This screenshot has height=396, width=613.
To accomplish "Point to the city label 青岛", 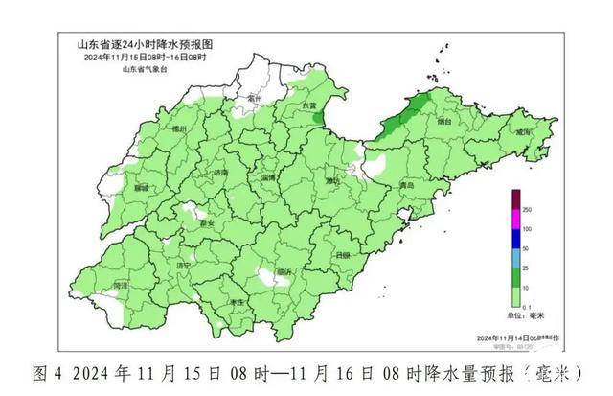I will pos(407,183).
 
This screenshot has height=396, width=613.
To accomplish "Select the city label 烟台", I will pos(443,123).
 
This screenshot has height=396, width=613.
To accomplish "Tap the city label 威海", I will pos(522,134).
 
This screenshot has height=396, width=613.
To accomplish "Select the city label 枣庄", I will pos(236,302).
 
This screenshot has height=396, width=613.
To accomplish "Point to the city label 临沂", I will pos(284,272).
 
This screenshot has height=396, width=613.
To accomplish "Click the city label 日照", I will pos(343,255).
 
